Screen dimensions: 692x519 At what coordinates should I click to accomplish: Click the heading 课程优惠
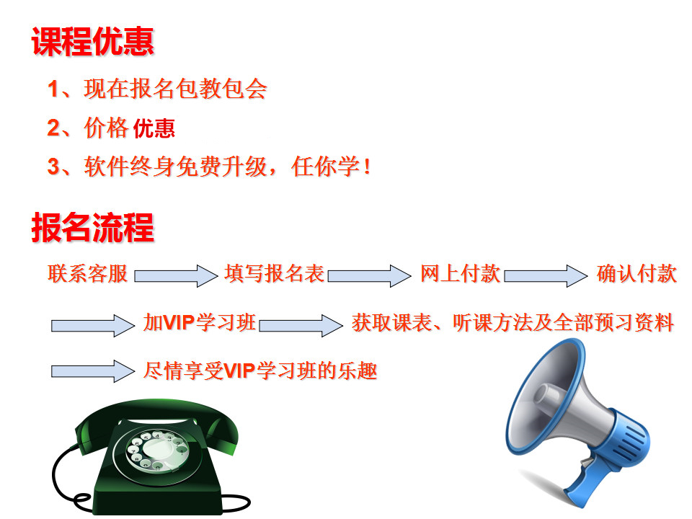tap(93, 41)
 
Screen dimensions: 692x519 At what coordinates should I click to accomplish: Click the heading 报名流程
tap(93, 227)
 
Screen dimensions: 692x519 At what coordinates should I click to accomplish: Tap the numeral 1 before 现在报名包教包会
tap(53, 89)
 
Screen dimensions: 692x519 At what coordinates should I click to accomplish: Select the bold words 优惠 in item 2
tap(154, 128)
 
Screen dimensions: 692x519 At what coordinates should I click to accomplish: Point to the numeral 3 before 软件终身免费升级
tap(53, 167)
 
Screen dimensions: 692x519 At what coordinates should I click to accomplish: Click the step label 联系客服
tap(88, 274)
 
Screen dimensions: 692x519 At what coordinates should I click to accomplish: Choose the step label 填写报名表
tap(274, 274)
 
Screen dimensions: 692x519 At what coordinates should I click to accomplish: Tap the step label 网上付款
tap(460, 274)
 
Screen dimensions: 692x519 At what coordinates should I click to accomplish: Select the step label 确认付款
tap(636, 274)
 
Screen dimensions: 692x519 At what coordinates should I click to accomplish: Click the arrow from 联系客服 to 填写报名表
tap(176, 276)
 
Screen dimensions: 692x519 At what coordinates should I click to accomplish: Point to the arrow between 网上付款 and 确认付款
tap(546, 276)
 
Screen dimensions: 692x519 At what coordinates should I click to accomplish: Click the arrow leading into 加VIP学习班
tap(93, 326)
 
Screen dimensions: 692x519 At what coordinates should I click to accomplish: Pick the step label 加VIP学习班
tap(200, 323)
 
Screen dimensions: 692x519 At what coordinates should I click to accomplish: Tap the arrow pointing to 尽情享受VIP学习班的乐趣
tap(93, 371)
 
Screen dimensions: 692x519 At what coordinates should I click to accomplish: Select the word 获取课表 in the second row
tap(391, 323)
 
